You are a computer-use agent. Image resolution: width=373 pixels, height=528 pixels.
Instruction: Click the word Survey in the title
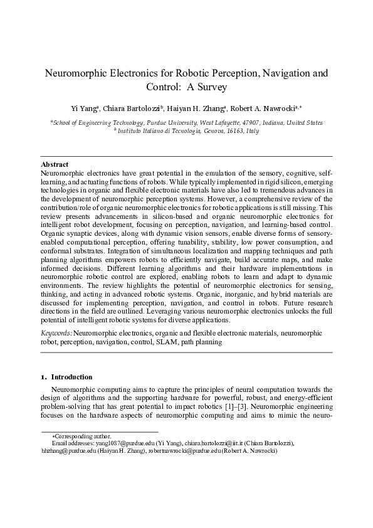click(209, 87)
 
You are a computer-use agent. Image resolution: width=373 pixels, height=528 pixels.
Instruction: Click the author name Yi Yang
click(84, 108)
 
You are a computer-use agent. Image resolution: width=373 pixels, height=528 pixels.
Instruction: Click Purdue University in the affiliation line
click(171, 123)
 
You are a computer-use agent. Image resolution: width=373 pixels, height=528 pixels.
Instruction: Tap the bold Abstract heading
click(54, 164)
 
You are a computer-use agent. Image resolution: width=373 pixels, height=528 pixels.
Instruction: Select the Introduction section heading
click(71, 378)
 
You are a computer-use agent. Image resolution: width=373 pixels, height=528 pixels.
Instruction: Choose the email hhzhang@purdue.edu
click(69, 450)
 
